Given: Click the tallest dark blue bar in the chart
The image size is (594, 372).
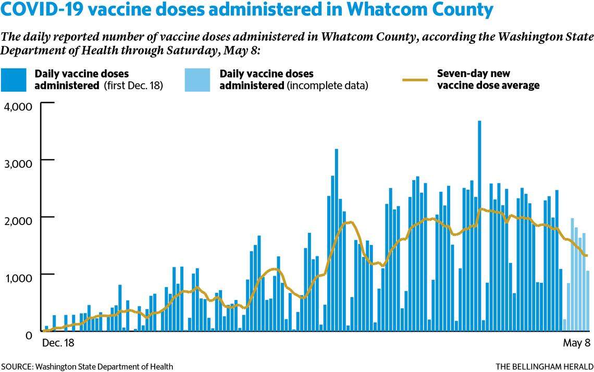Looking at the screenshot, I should (479, 226).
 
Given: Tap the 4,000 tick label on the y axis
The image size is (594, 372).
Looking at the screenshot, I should (18, 106).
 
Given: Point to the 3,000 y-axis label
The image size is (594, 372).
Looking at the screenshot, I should (18, 162).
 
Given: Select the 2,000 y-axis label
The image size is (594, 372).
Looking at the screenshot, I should (18, 219).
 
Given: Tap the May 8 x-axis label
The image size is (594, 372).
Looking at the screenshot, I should (576, 344).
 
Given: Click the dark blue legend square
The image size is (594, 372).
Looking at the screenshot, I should (14, 80).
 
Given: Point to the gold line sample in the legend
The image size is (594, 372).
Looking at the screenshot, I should (415, 80).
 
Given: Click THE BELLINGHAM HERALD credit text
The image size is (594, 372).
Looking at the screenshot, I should (544, 366).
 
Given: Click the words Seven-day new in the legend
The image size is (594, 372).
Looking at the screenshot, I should (470, 73).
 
